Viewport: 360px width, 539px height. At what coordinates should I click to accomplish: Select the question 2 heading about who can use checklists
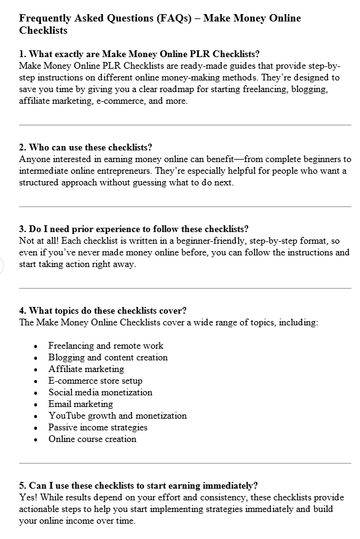85,147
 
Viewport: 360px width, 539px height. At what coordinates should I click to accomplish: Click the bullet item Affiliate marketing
86,369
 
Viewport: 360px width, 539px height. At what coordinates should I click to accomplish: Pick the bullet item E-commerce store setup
95,381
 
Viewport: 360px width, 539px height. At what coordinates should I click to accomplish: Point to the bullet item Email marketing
80,404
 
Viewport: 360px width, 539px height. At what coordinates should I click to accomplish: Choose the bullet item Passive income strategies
98,427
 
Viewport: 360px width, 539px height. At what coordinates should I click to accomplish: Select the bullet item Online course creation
92,439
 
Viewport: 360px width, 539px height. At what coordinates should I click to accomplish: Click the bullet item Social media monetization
100,392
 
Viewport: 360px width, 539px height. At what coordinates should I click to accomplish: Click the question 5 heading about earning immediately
138,485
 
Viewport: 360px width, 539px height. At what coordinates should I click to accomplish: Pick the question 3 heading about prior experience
133,229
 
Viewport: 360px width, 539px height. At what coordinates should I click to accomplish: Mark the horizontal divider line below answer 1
185,125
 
